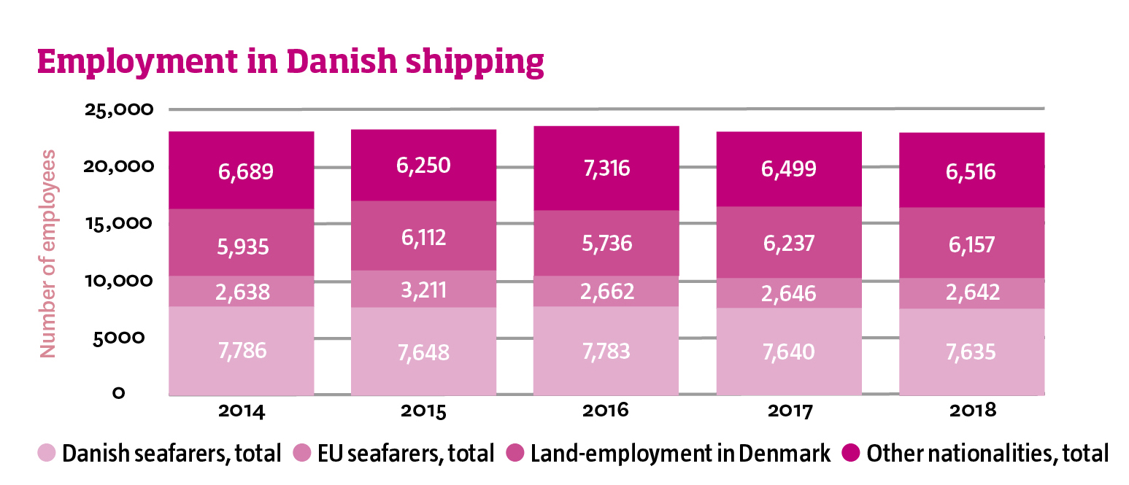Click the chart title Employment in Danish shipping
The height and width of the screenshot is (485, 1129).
point(290,63)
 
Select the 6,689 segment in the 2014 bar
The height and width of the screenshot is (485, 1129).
point(245,172)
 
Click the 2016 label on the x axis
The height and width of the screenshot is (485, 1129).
point(606,411)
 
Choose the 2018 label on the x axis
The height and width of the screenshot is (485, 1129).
point(972,411)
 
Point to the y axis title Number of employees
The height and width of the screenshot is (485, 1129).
point(48,253)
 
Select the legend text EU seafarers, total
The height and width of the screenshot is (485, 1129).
point(406,454)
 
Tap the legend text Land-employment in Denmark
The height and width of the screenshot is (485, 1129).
point(680,454)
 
